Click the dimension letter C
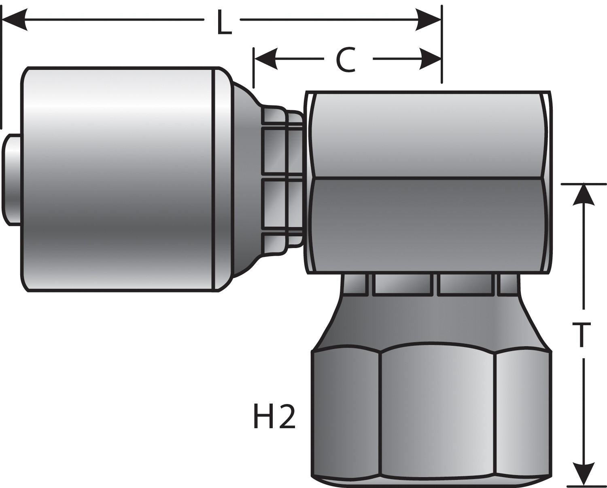[x=346, y=61]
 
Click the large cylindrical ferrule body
[x=117, y=180]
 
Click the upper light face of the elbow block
[x=429, y=135]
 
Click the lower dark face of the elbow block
[x=429, y=224]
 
